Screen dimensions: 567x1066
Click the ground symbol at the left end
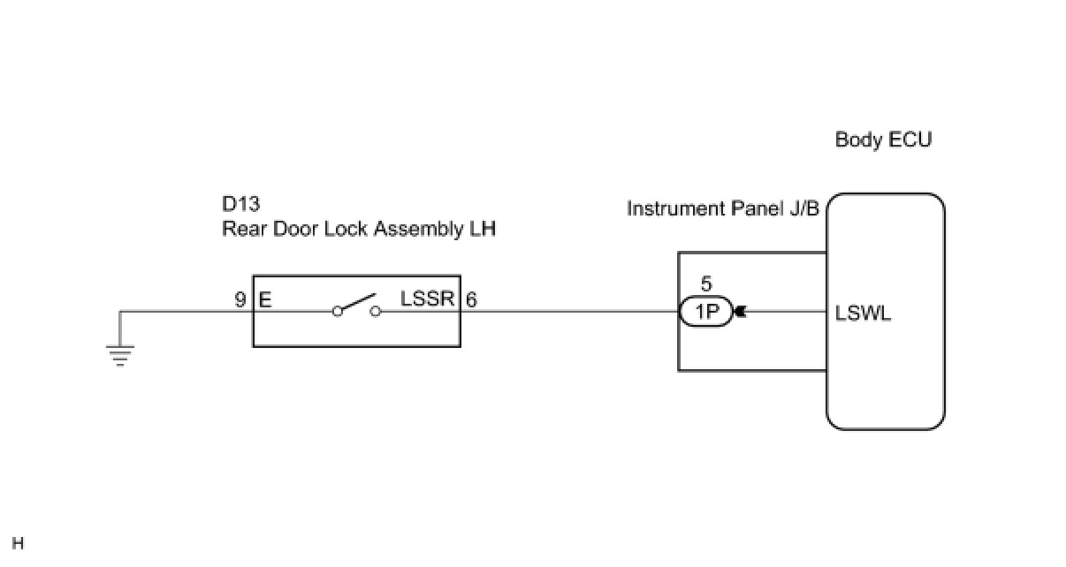tap(120, 355)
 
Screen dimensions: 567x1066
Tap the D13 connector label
tap(241, 205)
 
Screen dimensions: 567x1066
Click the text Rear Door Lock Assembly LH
tap(358, 230)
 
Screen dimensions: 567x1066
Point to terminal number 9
tap(240, 299)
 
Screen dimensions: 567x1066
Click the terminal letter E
tap(265, 299)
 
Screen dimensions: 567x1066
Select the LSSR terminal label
tap(428, 299)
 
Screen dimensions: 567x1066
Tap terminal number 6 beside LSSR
tap(472, 299)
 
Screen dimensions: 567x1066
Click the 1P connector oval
tap(705, 311)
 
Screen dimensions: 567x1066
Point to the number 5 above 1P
tap(705, 285)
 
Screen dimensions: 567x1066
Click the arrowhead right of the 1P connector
tap(740, 311)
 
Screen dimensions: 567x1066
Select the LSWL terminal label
tap(864, 313)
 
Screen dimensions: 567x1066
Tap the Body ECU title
tap(883, 140)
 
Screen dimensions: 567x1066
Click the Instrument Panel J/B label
tap(723, 208)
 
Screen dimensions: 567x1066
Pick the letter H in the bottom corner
tap(19, 543)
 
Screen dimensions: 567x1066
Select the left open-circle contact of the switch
tap(337, 311)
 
